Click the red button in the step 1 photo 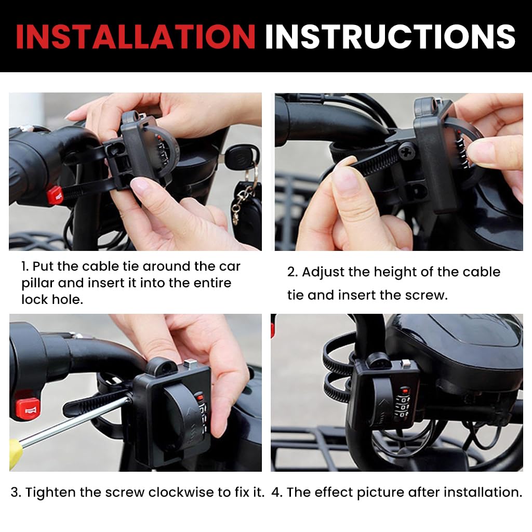pyautogui.click(x=54, y=195)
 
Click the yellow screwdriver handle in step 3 pyautogui.click(x=16, y=453)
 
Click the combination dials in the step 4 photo pyautogui.click(x=401, y=407)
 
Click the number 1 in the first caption pyautogui.click(x=24, y=267)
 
